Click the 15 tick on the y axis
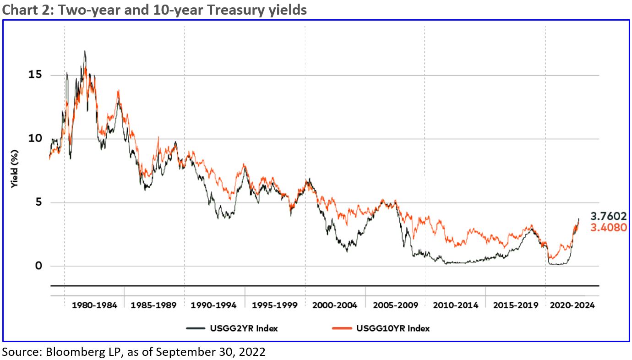(31, 75)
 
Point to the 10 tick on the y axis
(31, 138)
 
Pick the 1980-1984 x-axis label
(94, 305)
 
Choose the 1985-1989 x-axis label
(154, 305)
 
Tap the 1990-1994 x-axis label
(214, 305)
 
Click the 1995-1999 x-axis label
(274, 305)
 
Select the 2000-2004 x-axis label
(335, 305)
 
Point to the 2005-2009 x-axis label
(395, 305)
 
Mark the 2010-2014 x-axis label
(455, 305)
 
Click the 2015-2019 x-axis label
(515, 305)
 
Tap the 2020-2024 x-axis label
(572, 305)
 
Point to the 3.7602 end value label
(608, 216)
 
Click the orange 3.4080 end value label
(608, 227)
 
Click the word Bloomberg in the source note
(66, 352)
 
